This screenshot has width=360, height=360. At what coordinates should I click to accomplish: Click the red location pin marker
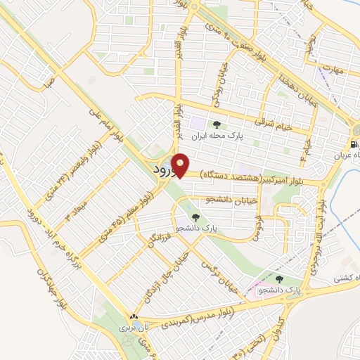pyautogui.click(x=181, y=165)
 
